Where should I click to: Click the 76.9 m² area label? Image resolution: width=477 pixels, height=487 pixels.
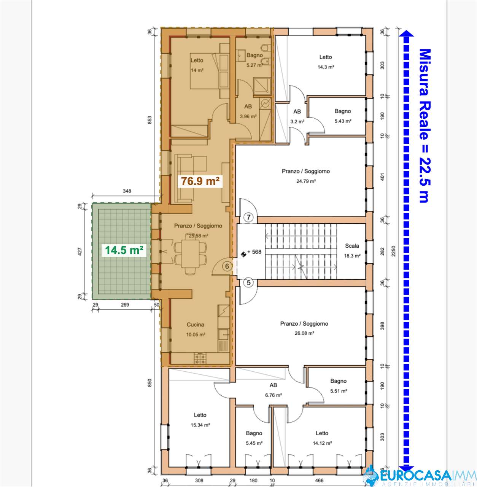200,181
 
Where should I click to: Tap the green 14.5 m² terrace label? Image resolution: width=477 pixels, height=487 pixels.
124,250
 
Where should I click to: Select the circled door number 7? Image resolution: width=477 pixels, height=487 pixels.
249,217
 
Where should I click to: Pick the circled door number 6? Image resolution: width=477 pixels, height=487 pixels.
227,266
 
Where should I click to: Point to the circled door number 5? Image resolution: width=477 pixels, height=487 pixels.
248,283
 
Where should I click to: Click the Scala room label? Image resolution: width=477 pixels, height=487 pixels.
352,246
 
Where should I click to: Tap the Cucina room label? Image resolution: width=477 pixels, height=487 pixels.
195,325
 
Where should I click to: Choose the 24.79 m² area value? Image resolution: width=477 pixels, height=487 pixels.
306,181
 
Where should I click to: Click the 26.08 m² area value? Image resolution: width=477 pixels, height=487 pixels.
304,333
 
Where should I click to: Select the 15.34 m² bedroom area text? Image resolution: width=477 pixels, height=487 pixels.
200,425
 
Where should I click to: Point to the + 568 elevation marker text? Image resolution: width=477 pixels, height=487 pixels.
254,252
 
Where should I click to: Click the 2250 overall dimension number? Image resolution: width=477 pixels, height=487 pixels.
393,251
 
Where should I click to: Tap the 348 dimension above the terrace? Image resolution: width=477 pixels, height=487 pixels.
127,191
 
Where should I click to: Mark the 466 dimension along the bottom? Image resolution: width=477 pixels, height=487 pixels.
319,481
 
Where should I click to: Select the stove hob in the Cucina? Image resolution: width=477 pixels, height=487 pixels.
200,358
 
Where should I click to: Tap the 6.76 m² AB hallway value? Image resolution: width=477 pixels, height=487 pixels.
273,395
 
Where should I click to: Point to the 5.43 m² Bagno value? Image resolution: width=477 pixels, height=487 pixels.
343,121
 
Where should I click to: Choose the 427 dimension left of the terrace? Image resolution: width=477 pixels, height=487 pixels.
80,252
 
